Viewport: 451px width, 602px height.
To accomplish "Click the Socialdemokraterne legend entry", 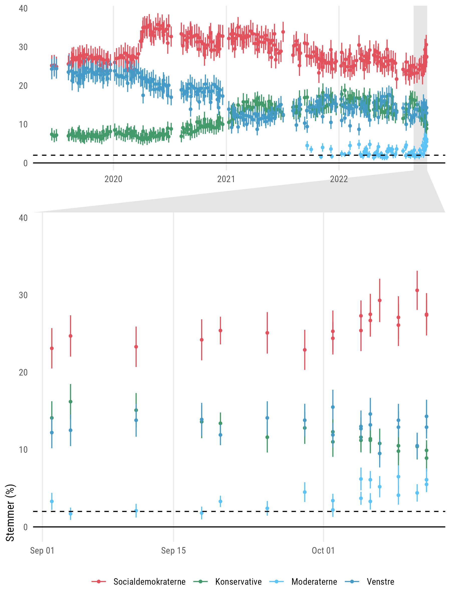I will coord(139,582).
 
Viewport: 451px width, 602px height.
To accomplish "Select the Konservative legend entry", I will coord(228,582).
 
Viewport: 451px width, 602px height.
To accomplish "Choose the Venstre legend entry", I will coord(370,582).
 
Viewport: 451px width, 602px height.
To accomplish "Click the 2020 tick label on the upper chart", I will coord(113,179).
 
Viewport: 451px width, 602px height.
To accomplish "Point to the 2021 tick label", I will coord(226,179).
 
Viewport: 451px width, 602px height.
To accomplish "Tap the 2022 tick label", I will coord(339,179).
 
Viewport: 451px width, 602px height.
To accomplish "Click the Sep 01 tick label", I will coord(42,551).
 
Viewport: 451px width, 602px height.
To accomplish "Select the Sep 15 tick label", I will coord(173,551).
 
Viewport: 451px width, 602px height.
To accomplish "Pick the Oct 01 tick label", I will coord(323,551).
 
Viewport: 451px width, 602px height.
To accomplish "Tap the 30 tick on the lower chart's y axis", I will coord(23,295).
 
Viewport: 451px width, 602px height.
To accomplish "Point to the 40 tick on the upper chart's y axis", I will coord(23,9).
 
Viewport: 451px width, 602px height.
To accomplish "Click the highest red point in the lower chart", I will coord(417,290).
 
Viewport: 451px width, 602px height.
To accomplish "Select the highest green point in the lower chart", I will coord(70,402).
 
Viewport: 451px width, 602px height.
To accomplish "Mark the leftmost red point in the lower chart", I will coord(52,348).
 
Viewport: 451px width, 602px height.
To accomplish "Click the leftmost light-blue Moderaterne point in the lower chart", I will coord(52,501).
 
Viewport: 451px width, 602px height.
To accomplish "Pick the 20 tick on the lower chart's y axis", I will coord(23,372).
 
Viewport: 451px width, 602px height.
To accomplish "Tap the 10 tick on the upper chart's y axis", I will coord(23,124).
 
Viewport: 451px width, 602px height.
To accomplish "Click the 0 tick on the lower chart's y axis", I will coord(25,527).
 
